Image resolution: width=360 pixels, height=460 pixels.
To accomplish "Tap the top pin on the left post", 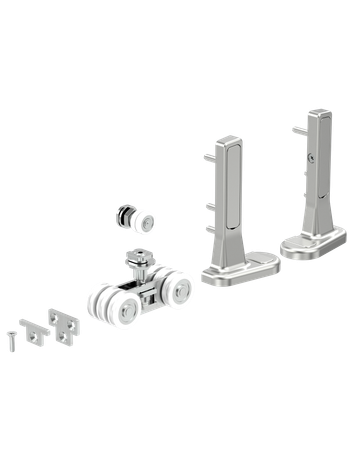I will tap(208, 155).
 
